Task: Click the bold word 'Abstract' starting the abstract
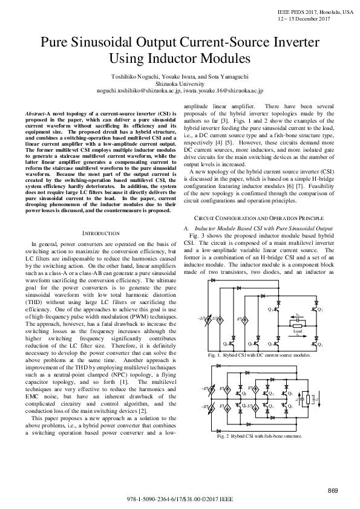click(38, 114)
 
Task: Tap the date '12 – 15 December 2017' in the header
click(303, 18)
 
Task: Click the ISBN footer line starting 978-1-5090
click(180, 501)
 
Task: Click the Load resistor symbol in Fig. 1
click(297, 325)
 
